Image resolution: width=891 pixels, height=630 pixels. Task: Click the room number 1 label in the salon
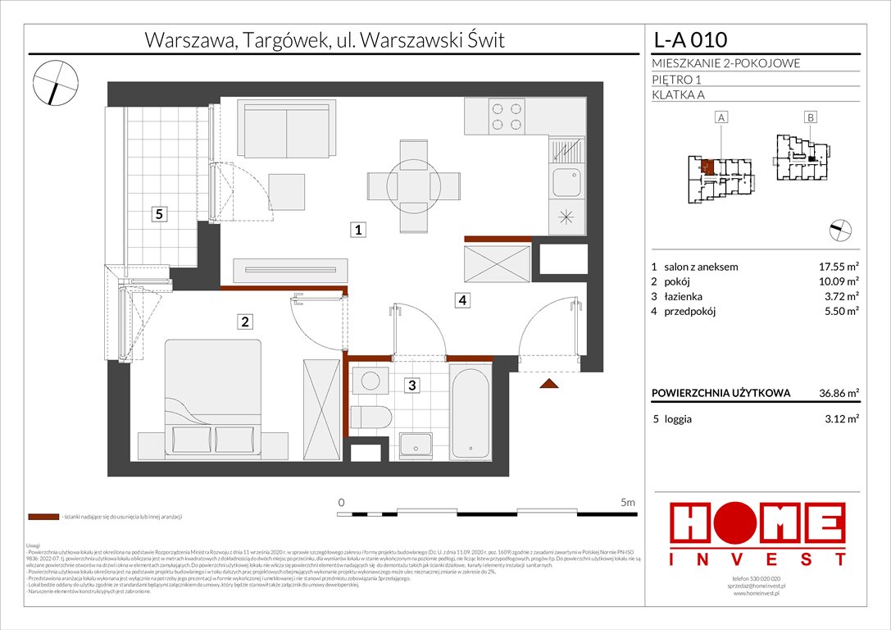coord(358,231)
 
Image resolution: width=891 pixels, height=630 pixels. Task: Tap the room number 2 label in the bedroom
coord(244,322)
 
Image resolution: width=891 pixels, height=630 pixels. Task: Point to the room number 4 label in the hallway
coord(463,301)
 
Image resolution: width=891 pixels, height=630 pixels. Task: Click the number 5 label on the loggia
coord(161,215)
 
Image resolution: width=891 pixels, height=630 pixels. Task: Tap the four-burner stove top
coord(506,116)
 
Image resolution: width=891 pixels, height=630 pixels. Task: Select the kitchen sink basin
coord(565,180)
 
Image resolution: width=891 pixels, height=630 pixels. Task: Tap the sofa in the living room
coord(286,130)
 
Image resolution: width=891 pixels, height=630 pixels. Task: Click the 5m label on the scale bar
coord(628,502)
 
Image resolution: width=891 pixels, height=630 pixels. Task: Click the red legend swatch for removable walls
coord(43,518)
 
